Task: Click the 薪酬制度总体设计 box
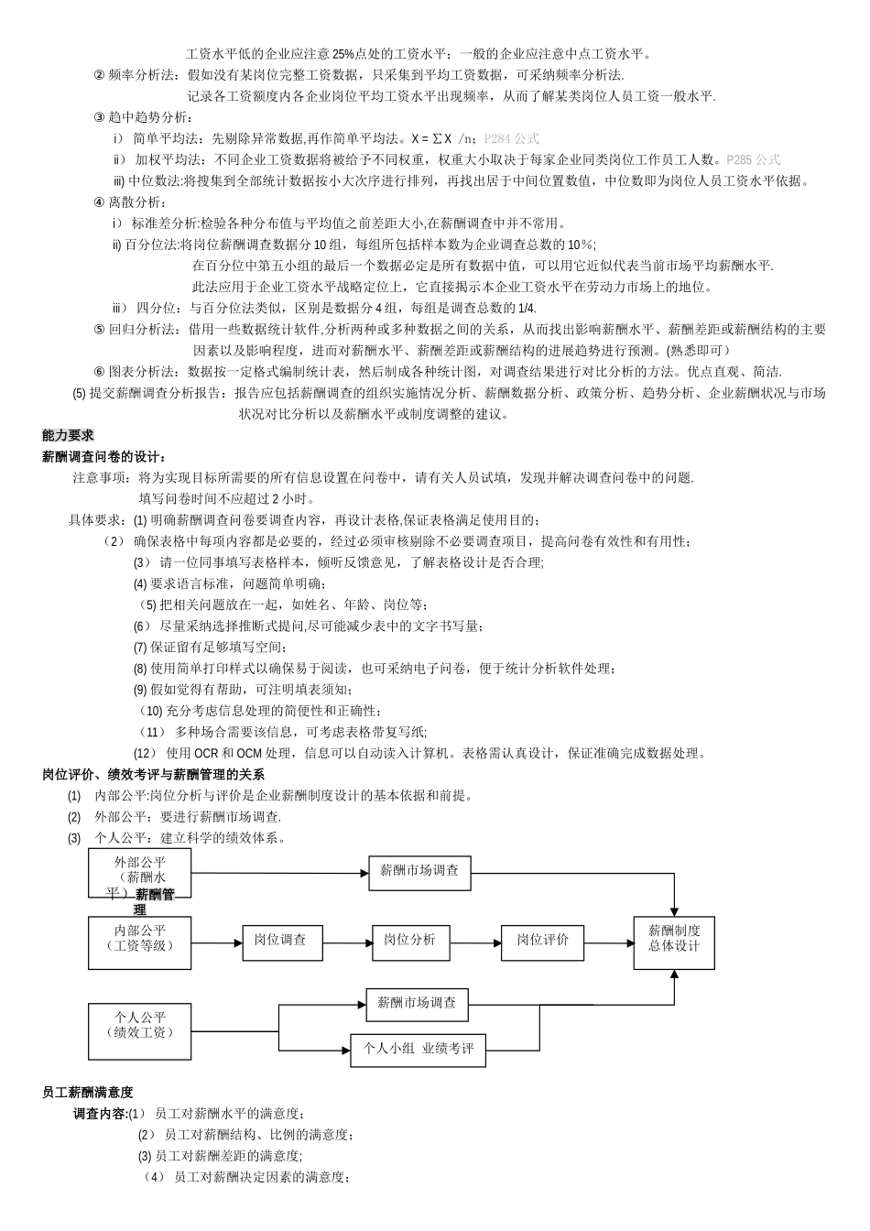pyautogui.click(x=674, y=942)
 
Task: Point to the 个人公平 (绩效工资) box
pyautogui.click(x=140, y=1030)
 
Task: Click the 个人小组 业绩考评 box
pyautogui.click(x=418, y=1050)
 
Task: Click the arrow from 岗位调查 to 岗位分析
pyautogui.click(x=347, y=942)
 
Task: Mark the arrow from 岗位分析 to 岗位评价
pyautogui.click(x=476, y=942)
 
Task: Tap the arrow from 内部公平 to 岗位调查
pyautogui.click(x=217, y=942)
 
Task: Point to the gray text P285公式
pyautogui.click(x=753, y=159)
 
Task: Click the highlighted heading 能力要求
pyautogui.click(x=68, y=435)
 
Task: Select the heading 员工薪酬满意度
pyautogui.click(x=88, y=1092)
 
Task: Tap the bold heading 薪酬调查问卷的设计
pyautogui.click(x=103, y=456)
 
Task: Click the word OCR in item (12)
pyautogui.click(x=206, y=753)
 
